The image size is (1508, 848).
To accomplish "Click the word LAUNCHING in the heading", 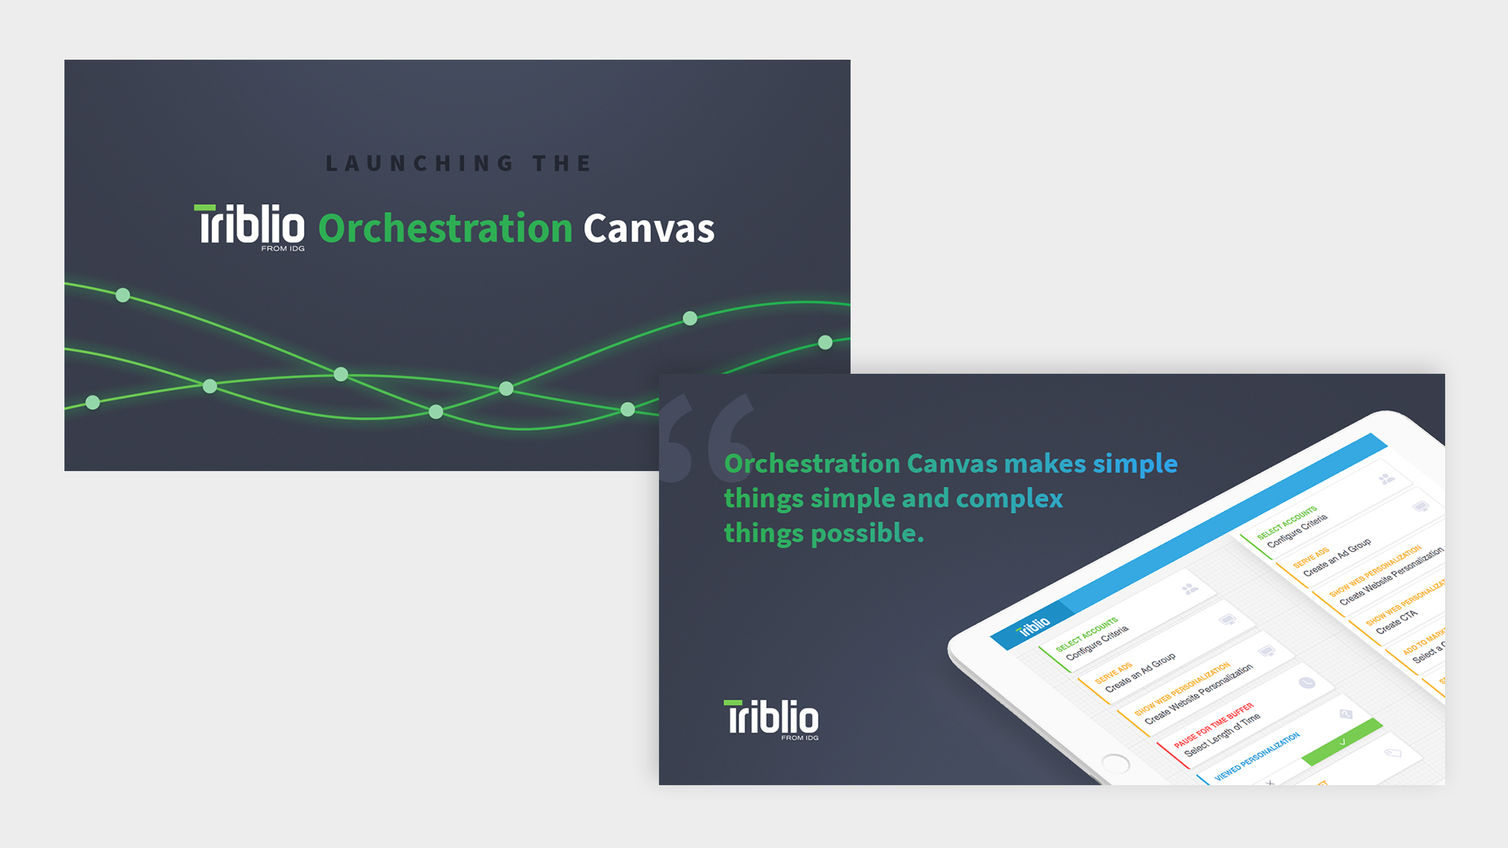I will pyautogui.click(x=419, y=163).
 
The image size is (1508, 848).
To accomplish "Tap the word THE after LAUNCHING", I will pyautogui.click(x=562, y=163).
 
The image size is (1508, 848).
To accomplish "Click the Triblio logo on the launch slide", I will pyautogui.click(x=250, y=226).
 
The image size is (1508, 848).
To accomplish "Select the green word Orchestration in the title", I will pyautogui.click(x=445, y=228).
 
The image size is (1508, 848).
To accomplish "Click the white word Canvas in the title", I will pyautogui.click(x=649, y=228).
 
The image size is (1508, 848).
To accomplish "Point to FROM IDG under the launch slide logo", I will pyautogui.click(x=283, y=249).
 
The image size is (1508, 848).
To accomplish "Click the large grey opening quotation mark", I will pyautogui.click(x=705, y=437).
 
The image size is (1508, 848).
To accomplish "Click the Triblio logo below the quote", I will pyautogui.click(x=770, y=718).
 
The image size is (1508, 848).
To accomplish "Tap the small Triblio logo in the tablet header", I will pyautogui.click(x=1033, y=626).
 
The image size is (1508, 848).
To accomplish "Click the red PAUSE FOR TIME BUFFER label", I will pyautogui.click(x=1213, y=726).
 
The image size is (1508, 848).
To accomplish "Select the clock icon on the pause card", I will pyautogui.click(x=1306, y=683).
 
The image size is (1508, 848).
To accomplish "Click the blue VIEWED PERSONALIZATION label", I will pyautogui.click(x=1257, y=756).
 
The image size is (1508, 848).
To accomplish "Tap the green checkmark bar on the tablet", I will pyautogui.click(x=1341, y=742).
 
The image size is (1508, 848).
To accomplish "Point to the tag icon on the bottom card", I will pyautogui.click(x=1392, y=753).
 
